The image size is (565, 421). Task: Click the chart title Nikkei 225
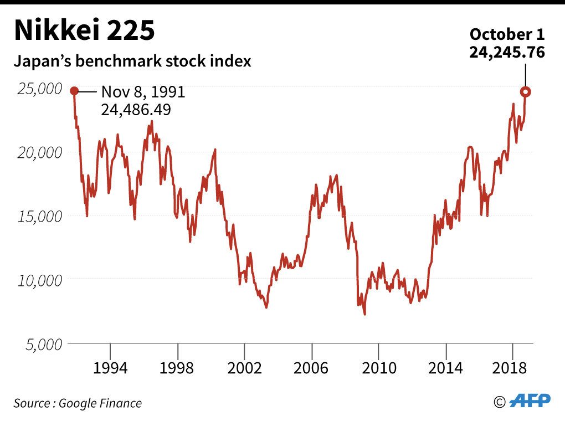84,31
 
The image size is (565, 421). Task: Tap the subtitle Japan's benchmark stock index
132,60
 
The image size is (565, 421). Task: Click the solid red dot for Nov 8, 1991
74,91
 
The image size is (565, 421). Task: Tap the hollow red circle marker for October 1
525,92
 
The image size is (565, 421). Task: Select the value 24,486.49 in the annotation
136,110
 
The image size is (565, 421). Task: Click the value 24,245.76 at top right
507,52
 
